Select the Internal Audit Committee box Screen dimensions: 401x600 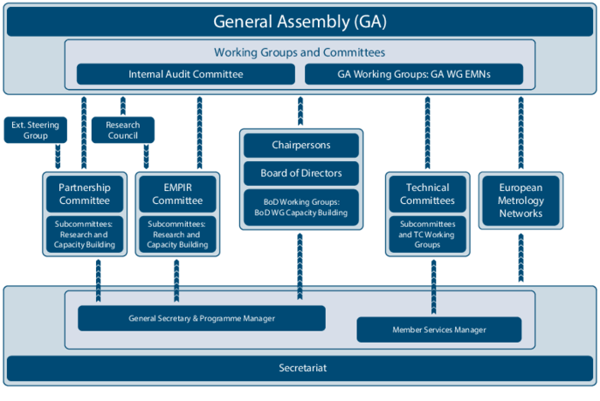coord(186,75)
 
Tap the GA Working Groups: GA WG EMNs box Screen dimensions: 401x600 coord(413,75)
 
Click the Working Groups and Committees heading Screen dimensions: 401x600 coord(299,52)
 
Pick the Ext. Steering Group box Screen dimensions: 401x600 coord(35,130)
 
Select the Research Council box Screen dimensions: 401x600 coord(123,130)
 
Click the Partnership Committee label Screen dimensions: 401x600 coord(84,195)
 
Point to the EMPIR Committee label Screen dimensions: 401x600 coord(177,195)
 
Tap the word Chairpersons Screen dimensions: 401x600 coord(301,146)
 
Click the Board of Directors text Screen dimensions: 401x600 coord(301,173)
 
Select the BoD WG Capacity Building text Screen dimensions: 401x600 coord(301,212)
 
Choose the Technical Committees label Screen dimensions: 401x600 coord(428,195)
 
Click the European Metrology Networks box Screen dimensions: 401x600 coord(520,200)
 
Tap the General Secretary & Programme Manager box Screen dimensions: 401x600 coord(202,318)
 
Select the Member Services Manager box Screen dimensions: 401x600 coord(439,330)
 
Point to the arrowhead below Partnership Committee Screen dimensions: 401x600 coord(99,296)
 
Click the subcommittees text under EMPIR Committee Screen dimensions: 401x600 coord(177,235)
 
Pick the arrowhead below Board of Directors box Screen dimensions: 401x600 coord(301,296)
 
